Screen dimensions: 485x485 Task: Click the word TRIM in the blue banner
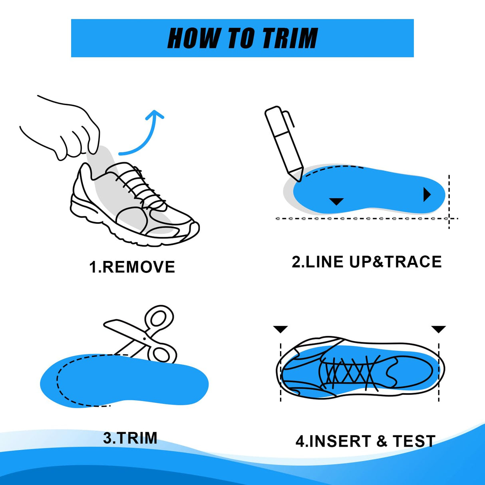coord(290,38)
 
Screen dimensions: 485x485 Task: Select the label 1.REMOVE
coord(132,267)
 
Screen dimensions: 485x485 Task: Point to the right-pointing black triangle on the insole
coord(427,195)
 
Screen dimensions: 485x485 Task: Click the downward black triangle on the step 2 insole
coord(336,201)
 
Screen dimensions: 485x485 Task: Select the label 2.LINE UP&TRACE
coord(366,262)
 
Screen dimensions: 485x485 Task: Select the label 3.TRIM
coord(130,438)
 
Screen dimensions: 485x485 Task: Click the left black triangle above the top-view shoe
coord(280,329)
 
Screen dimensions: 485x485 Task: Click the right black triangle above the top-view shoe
coord(438,329)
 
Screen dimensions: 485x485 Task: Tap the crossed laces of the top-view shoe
coord(350,374)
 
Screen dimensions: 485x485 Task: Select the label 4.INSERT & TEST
coord(365,441)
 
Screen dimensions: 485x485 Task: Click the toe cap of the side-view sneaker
coord(188,230)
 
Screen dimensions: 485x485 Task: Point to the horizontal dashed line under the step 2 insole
coord(360,219)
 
